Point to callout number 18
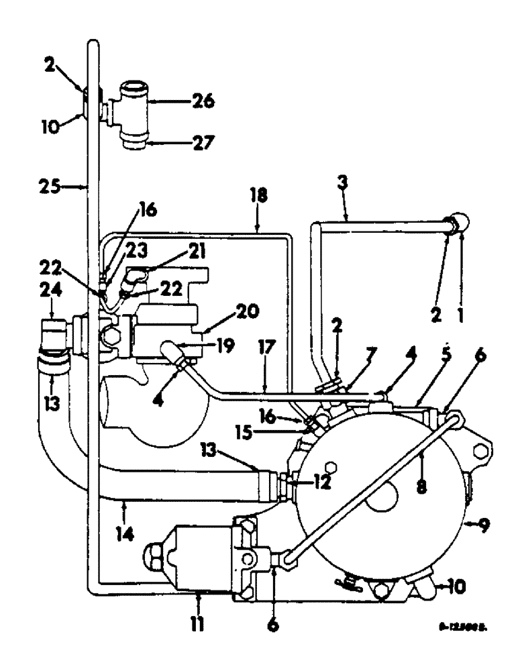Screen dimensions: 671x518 260,196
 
